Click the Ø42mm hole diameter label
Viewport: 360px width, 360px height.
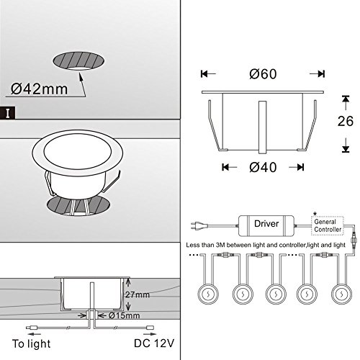pos(39,89)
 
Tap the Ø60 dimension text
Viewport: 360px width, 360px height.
pos(263,73)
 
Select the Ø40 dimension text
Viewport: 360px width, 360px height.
pos(263,167)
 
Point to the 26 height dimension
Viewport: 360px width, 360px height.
pos(346,121)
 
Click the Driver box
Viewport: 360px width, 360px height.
pos(266,225)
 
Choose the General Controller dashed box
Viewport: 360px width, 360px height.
pos(328,225)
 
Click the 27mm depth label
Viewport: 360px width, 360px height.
pos(138,294)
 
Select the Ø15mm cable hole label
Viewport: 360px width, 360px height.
pos(124,315)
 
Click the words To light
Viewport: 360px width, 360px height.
pos(32,343)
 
